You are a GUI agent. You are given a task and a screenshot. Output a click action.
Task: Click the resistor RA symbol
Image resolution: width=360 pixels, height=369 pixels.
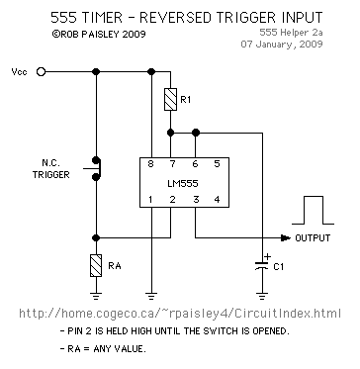(x=96, y=265)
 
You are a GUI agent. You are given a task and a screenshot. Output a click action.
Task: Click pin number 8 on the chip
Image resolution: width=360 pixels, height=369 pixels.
(x=150, y=163)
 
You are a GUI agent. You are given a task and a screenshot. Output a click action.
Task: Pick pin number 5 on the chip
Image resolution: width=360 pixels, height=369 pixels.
(x=218, y=163)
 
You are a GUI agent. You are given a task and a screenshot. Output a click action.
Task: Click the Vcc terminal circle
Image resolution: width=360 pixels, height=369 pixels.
(x=42, y=72)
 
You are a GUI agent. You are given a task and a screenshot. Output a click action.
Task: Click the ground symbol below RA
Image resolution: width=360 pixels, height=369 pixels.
(x=96, y=293)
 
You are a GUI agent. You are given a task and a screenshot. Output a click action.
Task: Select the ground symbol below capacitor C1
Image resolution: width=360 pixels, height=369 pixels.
(x=262, y=293)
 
